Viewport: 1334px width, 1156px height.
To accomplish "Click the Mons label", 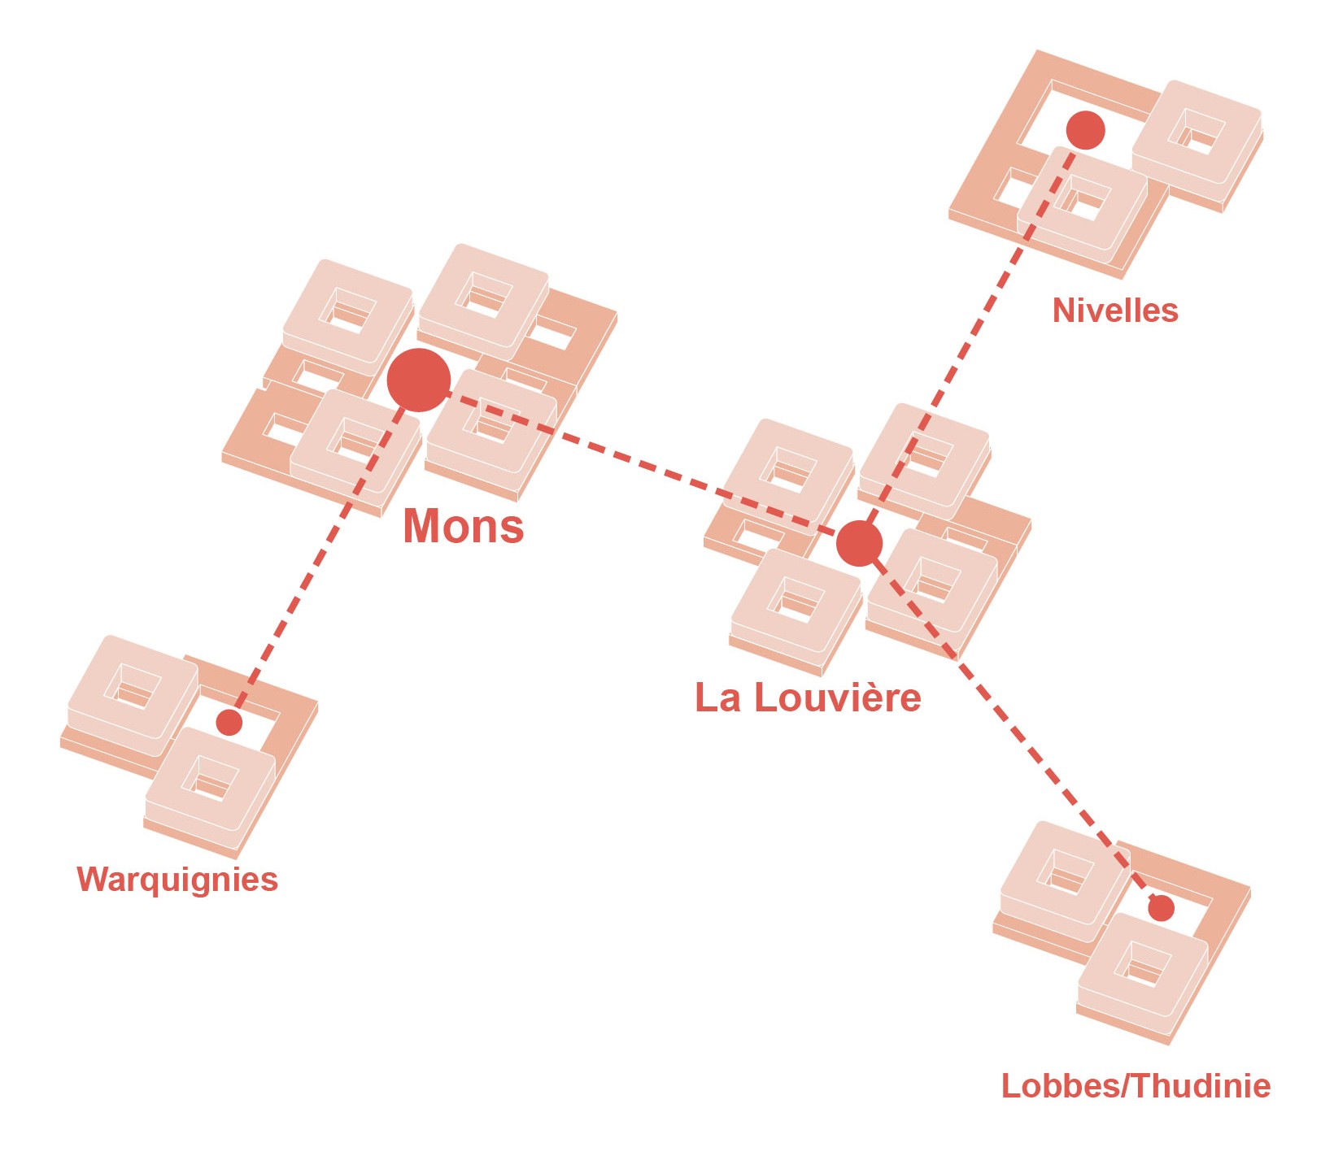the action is (464, 525).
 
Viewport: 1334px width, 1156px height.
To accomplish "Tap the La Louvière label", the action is (808, 698).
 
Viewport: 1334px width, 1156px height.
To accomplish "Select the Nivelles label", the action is (1115, 310).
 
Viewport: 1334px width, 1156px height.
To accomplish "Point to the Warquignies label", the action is (177, 880).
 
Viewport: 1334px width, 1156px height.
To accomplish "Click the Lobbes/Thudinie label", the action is (1136, 1085).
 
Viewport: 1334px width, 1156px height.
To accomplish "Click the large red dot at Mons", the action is (418, 380).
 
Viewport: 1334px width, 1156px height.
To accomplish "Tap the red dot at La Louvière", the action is (859, 543).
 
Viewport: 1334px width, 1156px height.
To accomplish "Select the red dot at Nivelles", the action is (1085, 130).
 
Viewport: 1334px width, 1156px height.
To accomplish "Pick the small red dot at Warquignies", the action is (229, 722).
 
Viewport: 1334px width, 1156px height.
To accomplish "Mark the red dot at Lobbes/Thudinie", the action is (1161, 908).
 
